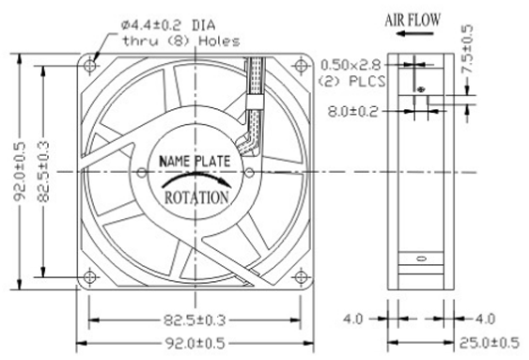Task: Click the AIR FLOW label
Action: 412,20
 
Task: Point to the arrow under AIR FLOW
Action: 414,34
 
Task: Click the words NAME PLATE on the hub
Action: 194,161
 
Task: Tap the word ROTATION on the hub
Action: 196,197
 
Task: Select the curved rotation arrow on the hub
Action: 196,179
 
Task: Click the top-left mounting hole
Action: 90,65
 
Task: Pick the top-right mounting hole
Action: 301,65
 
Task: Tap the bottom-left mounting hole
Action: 89,277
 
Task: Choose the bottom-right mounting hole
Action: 301,277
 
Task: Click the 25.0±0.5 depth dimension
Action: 490,343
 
